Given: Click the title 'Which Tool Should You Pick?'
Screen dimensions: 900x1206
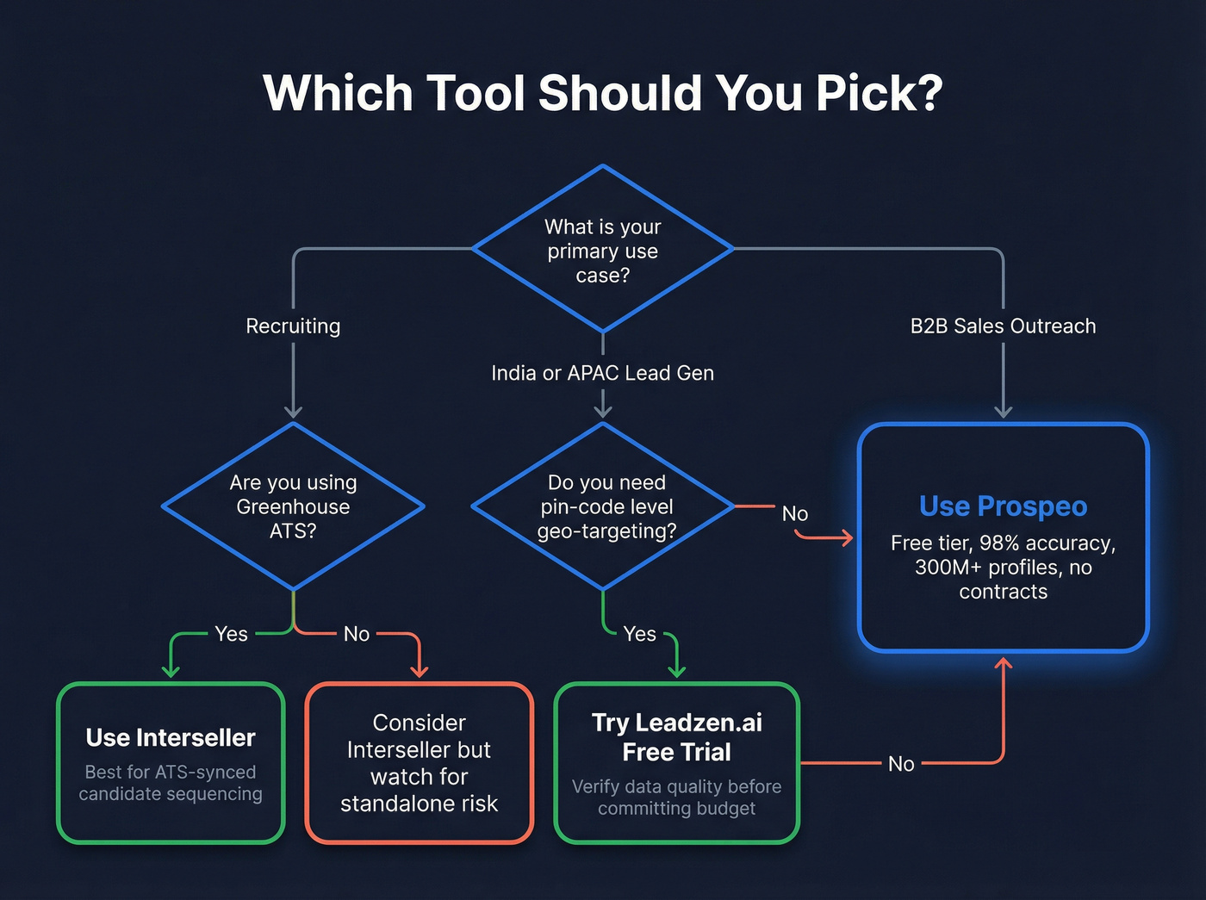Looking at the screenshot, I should [x=603, y=93].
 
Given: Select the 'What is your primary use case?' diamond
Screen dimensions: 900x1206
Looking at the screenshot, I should [x=603, y=250].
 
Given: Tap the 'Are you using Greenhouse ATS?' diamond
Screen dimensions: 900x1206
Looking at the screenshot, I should [x=293, y=506].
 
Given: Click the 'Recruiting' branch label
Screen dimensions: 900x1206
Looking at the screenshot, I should [x=293, y=326].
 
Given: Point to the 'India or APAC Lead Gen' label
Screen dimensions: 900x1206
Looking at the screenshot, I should [x=602, y=373].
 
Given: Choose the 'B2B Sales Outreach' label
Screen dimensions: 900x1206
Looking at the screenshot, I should [x=1003, y=326].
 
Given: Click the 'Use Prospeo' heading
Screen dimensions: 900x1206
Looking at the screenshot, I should [x=1003, y=506].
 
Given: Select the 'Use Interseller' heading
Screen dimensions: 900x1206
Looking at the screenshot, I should [x=171, y=738].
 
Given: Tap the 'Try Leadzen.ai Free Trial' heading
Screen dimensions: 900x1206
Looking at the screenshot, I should [x=677, y=737].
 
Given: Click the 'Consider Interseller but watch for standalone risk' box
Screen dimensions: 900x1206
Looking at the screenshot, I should [x=420, y=763].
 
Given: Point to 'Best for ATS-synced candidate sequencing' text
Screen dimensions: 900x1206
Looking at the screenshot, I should [x=171, y=783].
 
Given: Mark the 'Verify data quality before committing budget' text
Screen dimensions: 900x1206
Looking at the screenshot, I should [x=677, y=798].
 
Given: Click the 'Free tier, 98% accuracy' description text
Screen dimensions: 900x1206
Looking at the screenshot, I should [x=1003, y=567].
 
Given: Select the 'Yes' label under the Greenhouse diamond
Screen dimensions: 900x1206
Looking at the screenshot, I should [x=231, y=634].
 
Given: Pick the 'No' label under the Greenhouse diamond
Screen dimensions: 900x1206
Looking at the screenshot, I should [x=357, y=634].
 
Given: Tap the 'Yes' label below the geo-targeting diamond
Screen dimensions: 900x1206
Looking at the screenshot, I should [x=639, y=634].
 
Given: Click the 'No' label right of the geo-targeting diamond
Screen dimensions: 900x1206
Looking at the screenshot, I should [x=794, y=514].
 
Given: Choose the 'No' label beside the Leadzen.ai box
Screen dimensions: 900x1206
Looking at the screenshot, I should [x=901, y=764].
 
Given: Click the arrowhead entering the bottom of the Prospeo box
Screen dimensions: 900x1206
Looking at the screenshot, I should [x=1004, y=663].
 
